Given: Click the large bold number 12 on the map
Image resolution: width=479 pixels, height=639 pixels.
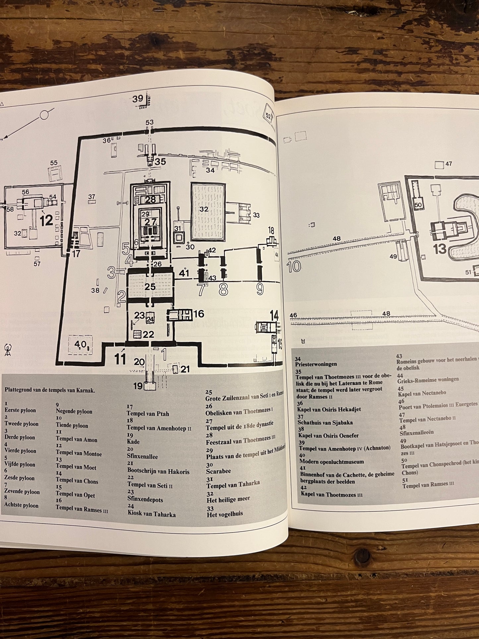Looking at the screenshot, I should coord(46,220).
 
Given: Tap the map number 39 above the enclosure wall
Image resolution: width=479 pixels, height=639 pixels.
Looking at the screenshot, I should coord(138,99).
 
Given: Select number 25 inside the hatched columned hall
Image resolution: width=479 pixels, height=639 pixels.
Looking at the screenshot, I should coord(150,287).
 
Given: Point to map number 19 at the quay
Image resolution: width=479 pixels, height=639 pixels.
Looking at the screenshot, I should coord(138,386).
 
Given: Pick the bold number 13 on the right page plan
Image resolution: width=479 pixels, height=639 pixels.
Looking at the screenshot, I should coord(440,249).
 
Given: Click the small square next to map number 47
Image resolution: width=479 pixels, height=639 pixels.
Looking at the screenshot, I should coord(439,164).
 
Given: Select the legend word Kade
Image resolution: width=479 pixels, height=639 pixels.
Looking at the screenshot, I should coord(133,442).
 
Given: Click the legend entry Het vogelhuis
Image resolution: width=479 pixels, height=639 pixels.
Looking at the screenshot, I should coord(225,514).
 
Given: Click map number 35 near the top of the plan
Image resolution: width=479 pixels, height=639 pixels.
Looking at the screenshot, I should coord(160,162).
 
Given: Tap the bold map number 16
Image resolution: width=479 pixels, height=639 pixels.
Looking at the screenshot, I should coord(199,314).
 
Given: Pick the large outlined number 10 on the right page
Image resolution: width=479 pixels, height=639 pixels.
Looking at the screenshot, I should coord(294,266).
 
